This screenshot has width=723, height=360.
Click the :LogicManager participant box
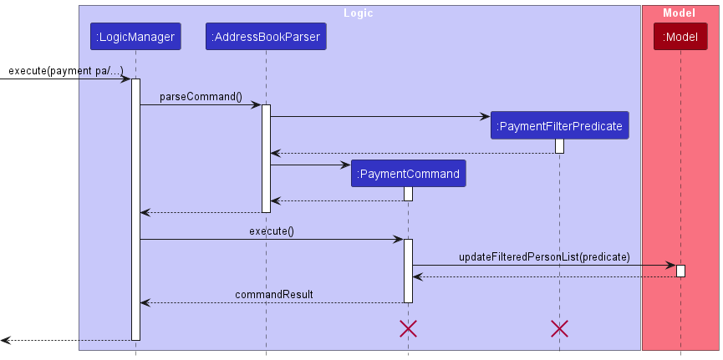click(x=135, y=37)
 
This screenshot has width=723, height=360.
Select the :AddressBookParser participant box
click(x=266, y=37)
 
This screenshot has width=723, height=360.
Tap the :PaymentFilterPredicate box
click(x=559, y=126)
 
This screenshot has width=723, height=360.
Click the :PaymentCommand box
click(x=408, y=174)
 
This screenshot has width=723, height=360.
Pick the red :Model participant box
click(x=680, y=37)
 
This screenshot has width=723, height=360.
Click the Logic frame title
click(x=359, y=13)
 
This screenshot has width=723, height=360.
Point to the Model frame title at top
click(x=678, y=13)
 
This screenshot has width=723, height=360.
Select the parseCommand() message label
click(x=201, y=97)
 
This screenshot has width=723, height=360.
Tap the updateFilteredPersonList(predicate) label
click(x=544, y=256)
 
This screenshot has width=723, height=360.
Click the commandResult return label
click(x=262, y=294)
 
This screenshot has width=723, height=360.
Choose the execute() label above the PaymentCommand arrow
click(x=271, y=231)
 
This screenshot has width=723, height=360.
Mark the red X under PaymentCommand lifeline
click(x=408, y=328)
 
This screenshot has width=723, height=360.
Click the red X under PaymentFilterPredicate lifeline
click(x=559, y=328)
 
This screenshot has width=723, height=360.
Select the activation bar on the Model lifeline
click(x=680, y=271)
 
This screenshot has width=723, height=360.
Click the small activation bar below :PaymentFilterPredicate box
click(x=559, y=146)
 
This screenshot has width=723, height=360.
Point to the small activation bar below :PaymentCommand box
click(x=408, y=194)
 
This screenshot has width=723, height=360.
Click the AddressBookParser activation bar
click(x=266, y=158)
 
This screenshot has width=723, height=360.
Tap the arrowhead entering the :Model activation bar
click(x=671, y=266)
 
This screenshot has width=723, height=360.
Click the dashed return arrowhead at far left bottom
click(x=5, y=341)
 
